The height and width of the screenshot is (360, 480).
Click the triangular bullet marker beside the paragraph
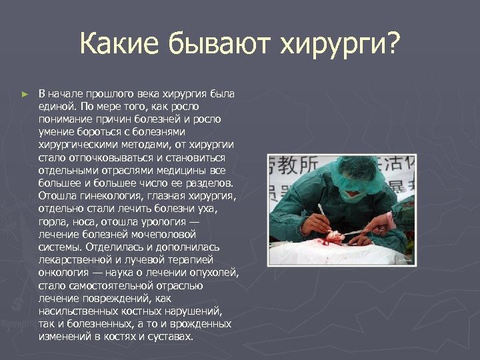pos(25,95)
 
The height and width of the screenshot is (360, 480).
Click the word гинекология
pos(113,195)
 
